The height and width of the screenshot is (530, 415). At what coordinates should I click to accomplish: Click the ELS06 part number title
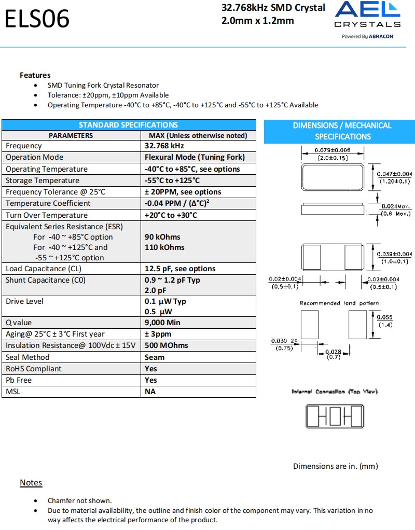(x=37, y=19)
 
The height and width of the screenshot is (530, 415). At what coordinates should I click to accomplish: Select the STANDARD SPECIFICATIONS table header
(x=128, y=125)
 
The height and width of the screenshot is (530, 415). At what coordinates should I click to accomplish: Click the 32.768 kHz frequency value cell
(x=164, y=146)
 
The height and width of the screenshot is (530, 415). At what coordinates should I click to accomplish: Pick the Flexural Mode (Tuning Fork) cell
(x=195, y=157)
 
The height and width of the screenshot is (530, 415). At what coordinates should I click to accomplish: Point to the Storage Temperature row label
(x=43, y=180)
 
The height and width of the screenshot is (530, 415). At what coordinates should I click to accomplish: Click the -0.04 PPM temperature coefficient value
(x=177, y=203)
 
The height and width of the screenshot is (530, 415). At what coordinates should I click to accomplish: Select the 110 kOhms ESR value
(x=164, y=247)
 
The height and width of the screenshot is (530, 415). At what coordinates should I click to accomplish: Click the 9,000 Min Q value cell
(x=162, y=323)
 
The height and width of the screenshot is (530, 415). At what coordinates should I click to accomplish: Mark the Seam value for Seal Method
(x=155, y=357)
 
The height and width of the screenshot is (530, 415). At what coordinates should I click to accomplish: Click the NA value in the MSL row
(x=150, y=392)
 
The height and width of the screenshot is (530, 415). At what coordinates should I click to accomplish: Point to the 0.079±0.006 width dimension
(x=333, y=150)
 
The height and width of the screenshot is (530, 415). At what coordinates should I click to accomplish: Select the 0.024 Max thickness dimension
(x=396, y=206)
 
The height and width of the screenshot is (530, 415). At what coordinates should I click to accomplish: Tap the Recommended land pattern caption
(x=339, y=303)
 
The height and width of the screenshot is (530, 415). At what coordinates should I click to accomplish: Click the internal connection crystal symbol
(x=335, y=415)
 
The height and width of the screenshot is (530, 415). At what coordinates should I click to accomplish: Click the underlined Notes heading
(x=31, y=483)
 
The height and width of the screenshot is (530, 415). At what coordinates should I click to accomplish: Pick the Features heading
(x=35, y=75)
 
